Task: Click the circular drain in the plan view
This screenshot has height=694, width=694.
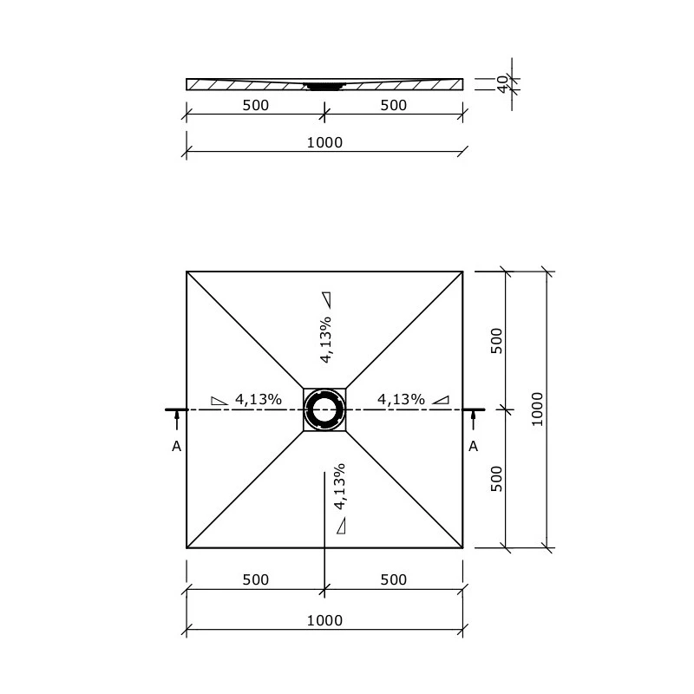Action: tap(324, 409)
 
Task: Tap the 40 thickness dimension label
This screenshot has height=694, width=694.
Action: tap(502, 83)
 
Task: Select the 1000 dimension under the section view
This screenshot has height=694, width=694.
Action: tap(324, 142)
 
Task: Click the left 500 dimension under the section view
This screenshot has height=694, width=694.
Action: tap(255, 105)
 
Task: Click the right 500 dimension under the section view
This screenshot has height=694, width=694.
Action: tap(393, 105)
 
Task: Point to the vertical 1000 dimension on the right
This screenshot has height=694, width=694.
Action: tap(537, 409)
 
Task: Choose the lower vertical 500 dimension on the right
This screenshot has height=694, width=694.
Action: tap(497, 478)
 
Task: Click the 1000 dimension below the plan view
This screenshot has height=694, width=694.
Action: tap(324, 619)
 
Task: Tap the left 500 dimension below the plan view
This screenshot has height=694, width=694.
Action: tap(255, 579)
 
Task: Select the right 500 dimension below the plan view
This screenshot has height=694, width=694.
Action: tap(393, 579)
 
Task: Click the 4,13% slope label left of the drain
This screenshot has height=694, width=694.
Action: tap(258, 399)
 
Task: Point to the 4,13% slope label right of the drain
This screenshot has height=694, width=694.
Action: tap(401, 399)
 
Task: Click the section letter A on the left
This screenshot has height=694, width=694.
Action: tap(176, 446)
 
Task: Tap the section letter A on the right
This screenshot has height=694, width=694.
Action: tap(473, 446)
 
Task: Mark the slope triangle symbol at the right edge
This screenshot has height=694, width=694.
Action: tap(442, 400)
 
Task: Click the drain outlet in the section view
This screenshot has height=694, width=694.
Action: tap(324, 86)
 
